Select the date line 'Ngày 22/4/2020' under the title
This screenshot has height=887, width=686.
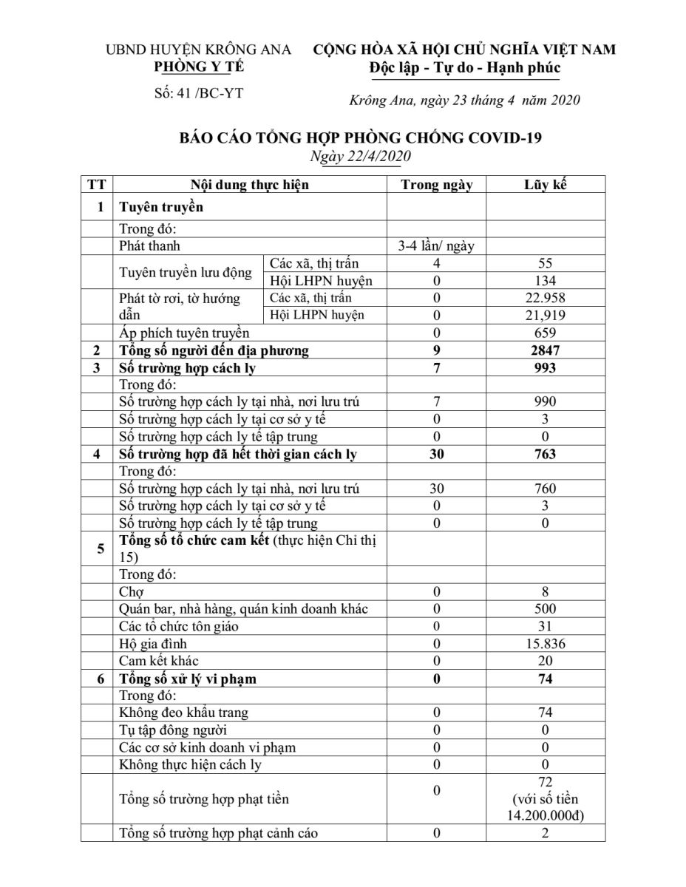pyautogui.click(x=361, y=156)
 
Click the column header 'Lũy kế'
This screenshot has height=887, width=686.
pyautogui.click(x=546, y=185)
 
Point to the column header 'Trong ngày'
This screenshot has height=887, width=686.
pyautogui.click(x=436, y=185)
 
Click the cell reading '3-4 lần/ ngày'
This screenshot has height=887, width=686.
pyautogui.click(x=436, y=246)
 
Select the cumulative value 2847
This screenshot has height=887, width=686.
pyautogui.click(x=546, y=350)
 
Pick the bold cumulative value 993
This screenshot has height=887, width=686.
pyautogui.click(x=546, y=368)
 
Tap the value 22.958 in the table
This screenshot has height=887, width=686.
pyautogui.click(x=546, y=298)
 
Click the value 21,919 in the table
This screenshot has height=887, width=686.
pyautogui.click(x=546, y=316)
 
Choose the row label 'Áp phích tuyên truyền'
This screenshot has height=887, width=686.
pyautogui.click(x=184, y=333)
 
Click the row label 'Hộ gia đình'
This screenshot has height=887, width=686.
pyautogui.click(x=153, y=644)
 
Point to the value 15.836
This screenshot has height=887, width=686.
pyautogui.click(x=546, y=644)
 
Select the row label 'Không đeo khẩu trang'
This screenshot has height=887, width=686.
pyautogui.click(x=183, y=713)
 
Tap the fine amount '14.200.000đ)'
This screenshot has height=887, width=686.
pyautogui.click(x=546, y=816)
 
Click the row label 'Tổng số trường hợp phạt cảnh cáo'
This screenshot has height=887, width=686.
pyautogui.click(x=219, y=834)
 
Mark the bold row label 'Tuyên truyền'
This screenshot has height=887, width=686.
pyautogui.click(x=161, y=207)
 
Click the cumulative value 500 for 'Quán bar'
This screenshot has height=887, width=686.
pyautogui.click(x=546, y=609)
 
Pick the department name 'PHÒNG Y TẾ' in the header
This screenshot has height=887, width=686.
pyautogui.click(x=199, y=67)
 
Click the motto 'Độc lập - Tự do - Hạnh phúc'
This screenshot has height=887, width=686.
pyautogui.click(x=464, y=68)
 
